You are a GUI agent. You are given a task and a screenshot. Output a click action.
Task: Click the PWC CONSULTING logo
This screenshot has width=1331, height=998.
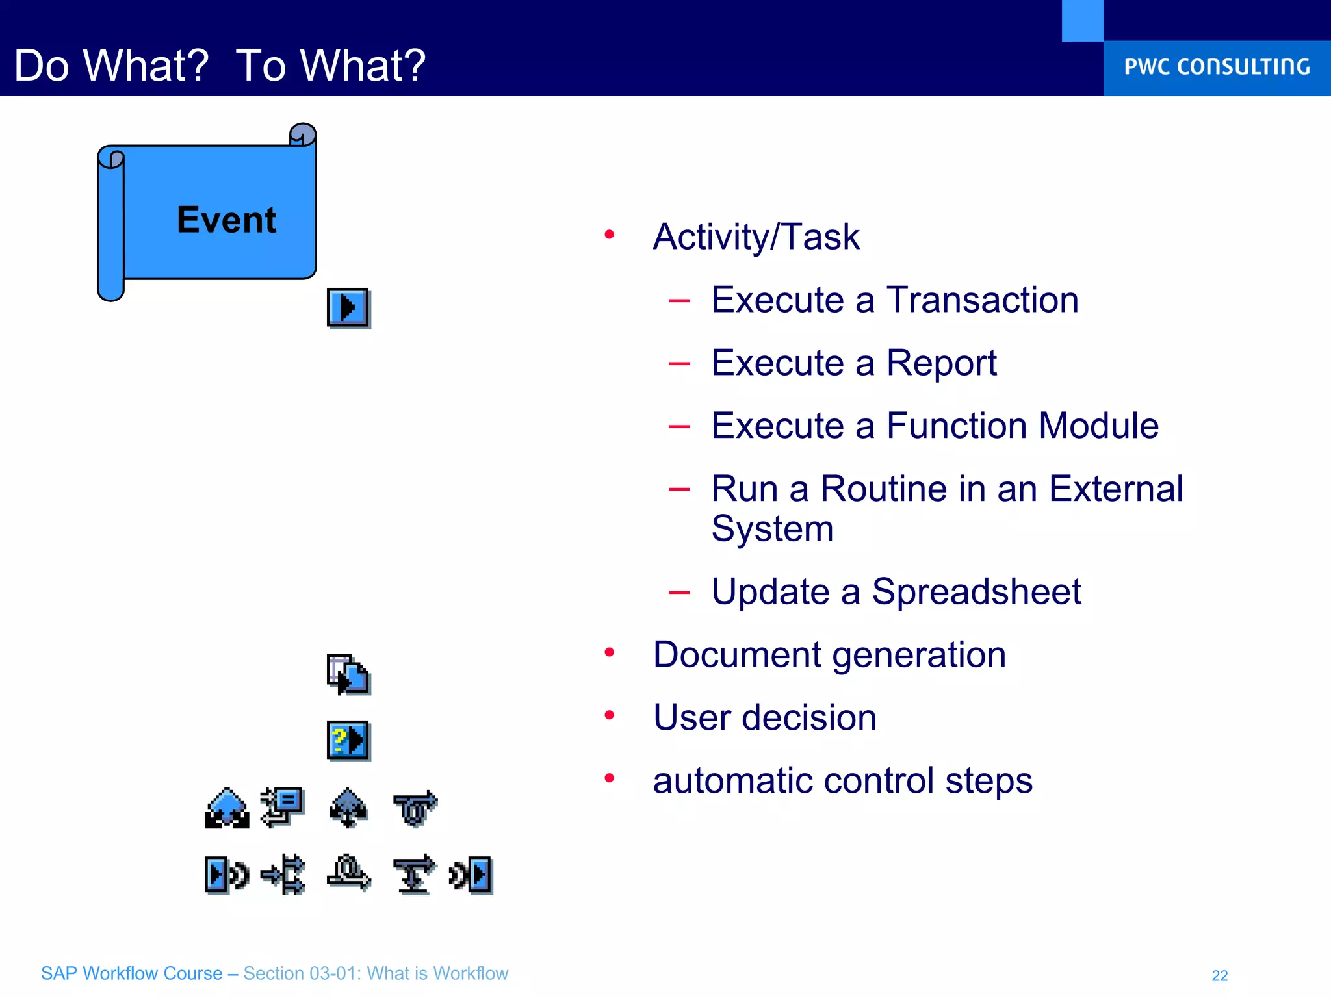click(1217, 67)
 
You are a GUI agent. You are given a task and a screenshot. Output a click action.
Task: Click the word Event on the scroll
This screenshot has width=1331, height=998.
click(226, 220)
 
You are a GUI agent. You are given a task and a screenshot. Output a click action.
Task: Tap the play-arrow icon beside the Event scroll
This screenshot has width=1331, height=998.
click(348, 307)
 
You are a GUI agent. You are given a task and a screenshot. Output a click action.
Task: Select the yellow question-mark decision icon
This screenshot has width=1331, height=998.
click(348, 740)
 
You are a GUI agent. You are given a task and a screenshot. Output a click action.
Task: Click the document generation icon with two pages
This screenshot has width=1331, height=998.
click(348, 674)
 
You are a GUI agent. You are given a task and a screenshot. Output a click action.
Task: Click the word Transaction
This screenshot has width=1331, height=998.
click(982, 300)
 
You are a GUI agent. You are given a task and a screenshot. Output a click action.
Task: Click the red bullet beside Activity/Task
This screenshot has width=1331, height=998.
click(609, 235)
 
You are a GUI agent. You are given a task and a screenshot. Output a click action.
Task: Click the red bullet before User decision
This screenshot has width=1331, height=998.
click(609, 715)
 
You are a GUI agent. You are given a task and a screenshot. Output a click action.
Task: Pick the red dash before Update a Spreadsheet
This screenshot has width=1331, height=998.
click(679, 592)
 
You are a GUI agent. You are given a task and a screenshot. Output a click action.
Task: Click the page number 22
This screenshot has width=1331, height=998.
click(1219, 975)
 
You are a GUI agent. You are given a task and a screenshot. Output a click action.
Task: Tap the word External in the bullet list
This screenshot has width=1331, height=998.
click(1115, 489)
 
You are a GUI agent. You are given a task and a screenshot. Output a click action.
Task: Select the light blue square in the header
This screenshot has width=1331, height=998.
click(1082, 20)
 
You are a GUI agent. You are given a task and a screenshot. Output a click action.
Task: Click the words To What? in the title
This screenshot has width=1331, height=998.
click(330, 66)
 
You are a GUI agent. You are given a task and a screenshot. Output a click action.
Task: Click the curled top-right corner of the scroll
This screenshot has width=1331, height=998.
click(303, 134)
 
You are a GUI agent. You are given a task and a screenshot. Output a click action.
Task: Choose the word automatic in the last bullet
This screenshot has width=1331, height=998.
click(732, 781)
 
